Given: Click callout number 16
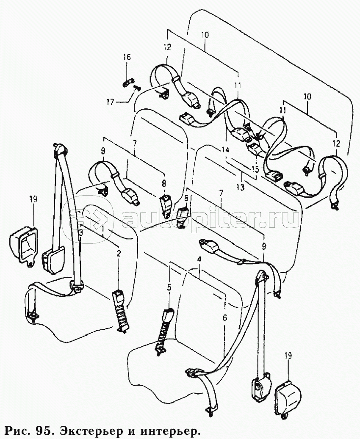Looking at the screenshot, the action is pos(127,58).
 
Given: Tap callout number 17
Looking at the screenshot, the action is pos(111,102).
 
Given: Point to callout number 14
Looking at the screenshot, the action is pos(225,150).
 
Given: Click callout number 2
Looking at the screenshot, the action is pos(119,254).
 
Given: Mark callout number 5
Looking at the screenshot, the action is pos(169,287).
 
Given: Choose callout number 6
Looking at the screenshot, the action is pos(225,318).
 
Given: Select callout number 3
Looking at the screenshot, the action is pos(81,232).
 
